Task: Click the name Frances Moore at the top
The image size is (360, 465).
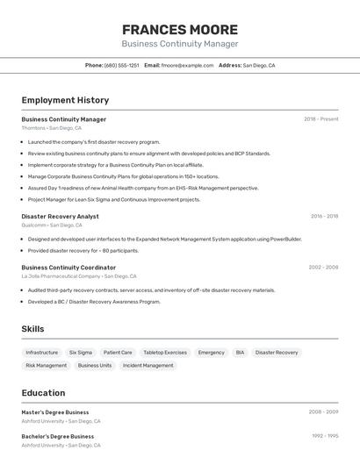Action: tap(179, 29)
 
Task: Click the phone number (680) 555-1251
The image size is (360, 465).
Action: tap(121, 65)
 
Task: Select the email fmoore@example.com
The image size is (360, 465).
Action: tap(187, 65)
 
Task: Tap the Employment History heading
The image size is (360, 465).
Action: tap(65, 100)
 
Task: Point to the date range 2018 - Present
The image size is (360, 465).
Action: tap(320, 119)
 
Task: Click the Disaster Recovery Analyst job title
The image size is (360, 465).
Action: tap(60, 216)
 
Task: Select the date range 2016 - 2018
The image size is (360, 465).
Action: tap(324, 216)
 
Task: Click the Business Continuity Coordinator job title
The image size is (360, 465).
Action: tap(68, 268)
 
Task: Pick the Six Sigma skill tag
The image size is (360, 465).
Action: tap(81, 352)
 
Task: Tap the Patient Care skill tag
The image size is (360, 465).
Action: tap(118, 352)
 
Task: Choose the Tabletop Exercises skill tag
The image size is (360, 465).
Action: tap(165, 352)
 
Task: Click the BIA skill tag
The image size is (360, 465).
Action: tap(240, 352)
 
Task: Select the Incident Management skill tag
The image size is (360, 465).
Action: tap(148, 365)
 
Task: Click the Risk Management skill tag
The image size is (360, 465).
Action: tap(46, 365)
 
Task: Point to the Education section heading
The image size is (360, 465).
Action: tap(43, 393)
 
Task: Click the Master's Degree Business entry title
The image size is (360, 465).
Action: tap(54, 412)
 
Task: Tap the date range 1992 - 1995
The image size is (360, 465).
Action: tap(325, 435)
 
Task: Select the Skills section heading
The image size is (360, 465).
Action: tap(33, 329)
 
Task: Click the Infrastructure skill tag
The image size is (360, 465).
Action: tap(42, 352)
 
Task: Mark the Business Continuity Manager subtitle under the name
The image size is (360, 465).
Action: tap(179, 44)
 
